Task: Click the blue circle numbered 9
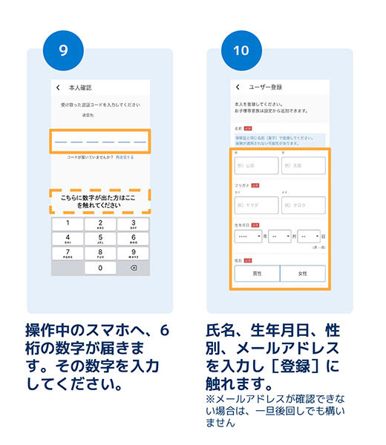pyautogui.click(x=63, y=51)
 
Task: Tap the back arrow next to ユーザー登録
pyautogui.click(x=238, y=88)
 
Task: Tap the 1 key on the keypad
pyautogui.click(x=68, y=223)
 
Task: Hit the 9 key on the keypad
pyautogui.click(x=134, y=253)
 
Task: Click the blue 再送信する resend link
pyautogui.click(x=123, y=157)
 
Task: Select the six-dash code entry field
pyautogui.click(x=100, y=141)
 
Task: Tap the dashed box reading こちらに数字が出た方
pyautogui.click(x=100, y=200)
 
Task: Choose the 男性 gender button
pyautogui.click(x=256, y=274)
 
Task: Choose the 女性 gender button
pyautogui.click(x=302, y=274)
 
